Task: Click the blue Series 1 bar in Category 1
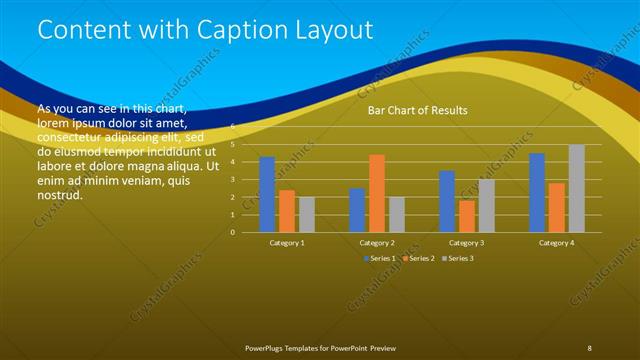pos(267,194)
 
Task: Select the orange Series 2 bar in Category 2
pos(377,193)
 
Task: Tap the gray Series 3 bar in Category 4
pos(576,188)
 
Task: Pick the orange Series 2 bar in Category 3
pos(467,216)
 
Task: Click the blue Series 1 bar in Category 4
pos(537,192)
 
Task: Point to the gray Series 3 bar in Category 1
pos(306,214)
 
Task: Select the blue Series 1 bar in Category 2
pos(357,210)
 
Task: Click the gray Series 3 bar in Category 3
pos(486,206)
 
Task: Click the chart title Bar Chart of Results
pos(417,110)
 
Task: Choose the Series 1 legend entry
pos(379,259)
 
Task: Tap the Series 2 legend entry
pos(418,259)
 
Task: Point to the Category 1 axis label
pos(287,243)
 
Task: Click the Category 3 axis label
pos(467,243)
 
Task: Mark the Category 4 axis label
pos(556,243)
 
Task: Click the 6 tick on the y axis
pos(232,127)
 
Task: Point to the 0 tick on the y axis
pos(232,232)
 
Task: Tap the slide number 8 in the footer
pos(590,347)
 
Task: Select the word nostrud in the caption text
pos(59,195)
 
